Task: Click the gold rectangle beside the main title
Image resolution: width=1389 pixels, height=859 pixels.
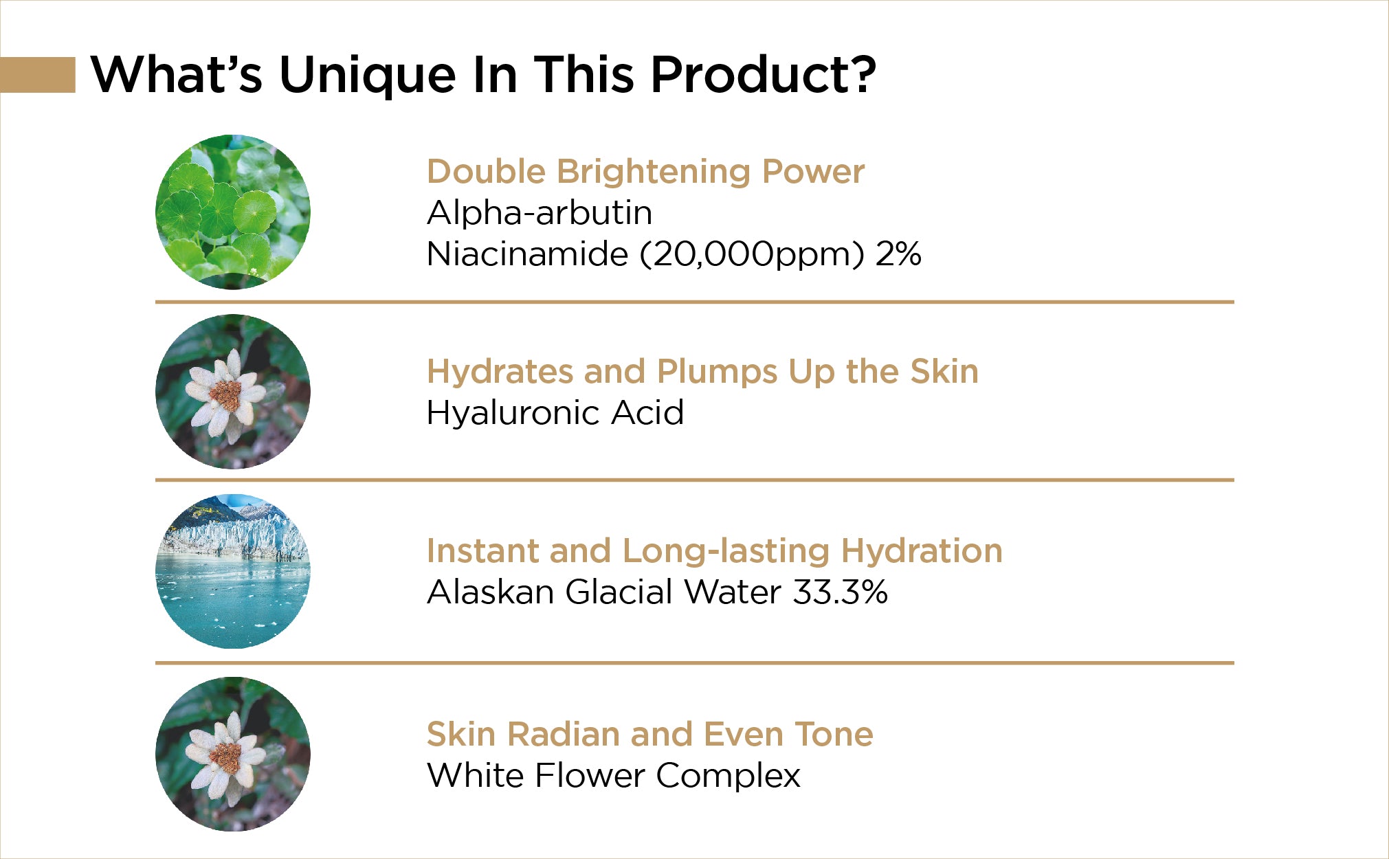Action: click(x=38, y=74)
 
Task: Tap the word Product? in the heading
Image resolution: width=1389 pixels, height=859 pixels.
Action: click(x=764, y=74)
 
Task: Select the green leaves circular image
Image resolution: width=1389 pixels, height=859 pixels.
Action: click(x=233, y=212)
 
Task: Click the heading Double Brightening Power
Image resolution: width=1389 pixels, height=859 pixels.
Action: click(x=645, y=172)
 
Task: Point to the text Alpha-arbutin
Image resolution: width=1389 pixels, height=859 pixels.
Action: click(x=540, y=213)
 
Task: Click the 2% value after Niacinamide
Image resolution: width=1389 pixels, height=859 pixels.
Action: click(x=898, y=254)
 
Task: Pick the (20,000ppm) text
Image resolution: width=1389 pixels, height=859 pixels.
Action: click(x=752, y=255)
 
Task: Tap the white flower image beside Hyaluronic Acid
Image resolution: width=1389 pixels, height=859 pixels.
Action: click(x=233, y=392)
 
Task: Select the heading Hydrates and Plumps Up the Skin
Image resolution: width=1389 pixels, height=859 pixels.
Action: click(x=702, y=372)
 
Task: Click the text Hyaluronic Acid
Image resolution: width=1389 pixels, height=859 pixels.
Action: click(x=555, y=413)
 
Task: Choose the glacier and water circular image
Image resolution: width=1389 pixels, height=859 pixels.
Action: click(x=233, y=571)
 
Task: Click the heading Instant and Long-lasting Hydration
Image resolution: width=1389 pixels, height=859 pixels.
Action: click(x=715, y=551)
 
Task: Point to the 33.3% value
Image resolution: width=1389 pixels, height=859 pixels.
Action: click(x=840, y=592)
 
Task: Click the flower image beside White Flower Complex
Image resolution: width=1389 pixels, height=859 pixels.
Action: click(x=233, y=755)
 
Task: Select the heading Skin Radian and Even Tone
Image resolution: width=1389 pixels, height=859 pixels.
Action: click(x=650, y=734)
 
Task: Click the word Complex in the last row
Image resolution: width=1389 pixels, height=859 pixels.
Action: click(x=729, y=777)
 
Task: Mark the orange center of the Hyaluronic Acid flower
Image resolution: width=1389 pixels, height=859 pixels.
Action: click(x=226, y=394)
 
